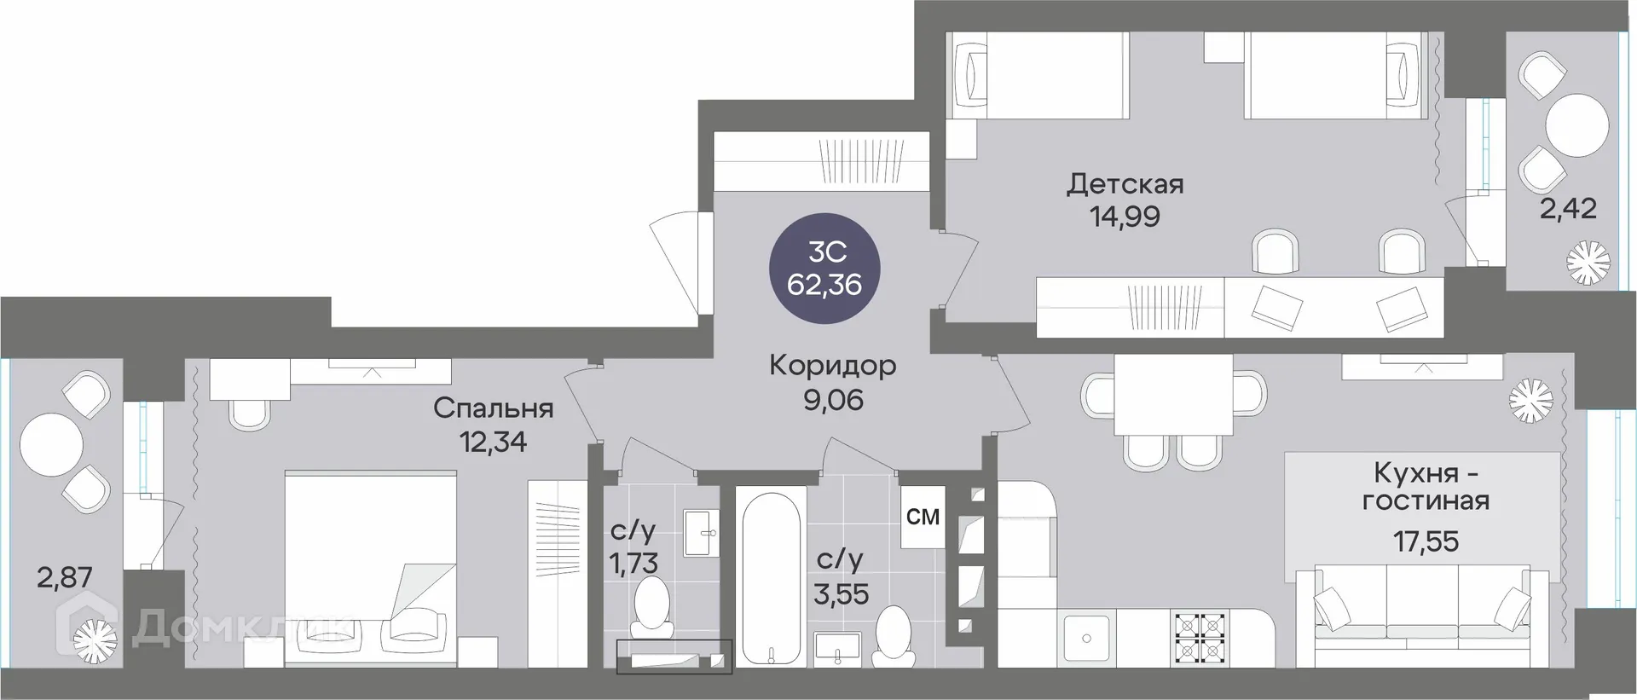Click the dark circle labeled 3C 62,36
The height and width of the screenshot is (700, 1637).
point(824,268)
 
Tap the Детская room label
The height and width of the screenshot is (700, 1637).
point(1125,184)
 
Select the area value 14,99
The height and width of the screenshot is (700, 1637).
point(1125,217)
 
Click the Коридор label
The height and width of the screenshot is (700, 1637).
point(832,366)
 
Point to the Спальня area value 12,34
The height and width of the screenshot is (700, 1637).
point(493,442)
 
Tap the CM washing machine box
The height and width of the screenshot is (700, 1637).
point(923,517)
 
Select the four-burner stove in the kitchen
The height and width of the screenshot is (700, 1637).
point(1200,638)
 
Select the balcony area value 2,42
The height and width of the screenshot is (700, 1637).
point(1567,208)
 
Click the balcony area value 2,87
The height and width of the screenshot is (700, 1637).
point(64,578)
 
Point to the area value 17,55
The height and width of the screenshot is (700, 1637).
point(1426,541)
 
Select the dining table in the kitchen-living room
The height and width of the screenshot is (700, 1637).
point(1173,394)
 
